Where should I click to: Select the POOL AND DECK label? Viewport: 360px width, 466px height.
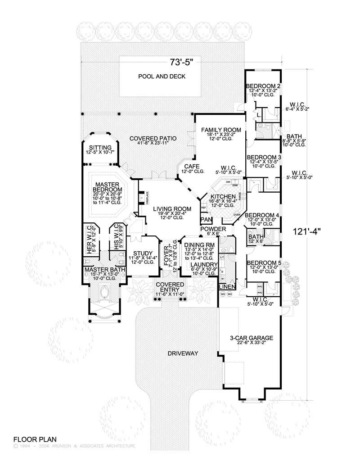162,76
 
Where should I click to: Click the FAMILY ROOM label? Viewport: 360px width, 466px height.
220,130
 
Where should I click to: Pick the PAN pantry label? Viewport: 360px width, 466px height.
207,219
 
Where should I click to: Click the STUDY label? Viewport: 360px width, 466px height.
143,253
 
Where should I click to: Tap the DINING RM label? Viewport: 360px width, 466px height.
198,244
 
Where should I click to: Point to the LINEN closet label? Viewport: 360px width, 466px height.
226,286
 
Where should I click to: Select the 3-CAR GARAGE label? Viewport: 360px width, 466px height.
251,337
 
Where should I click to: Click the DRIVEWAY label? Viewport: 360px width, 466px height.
183,354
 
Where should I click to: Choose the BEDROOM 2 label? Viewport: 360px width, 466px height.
263,86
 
